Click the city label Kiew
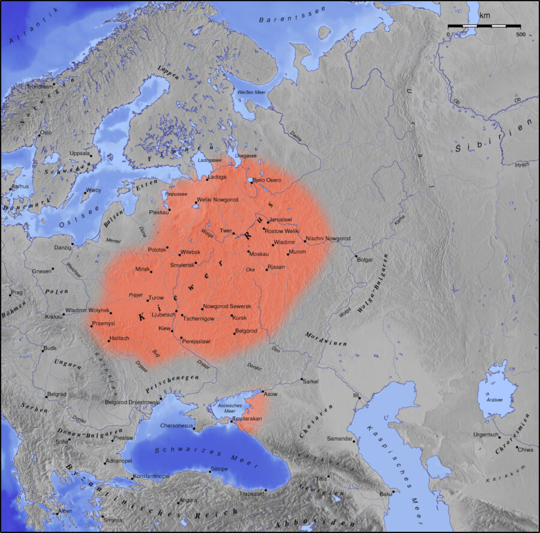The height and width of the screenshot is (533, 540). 164,328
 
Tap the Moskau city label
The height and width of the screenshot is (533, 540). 259,253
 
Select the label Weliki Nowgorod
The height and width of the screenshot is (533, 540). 218,199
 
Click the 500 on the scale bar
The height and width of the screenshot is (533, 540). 520,34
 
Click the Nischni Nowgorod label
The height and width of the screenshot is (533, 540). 328,238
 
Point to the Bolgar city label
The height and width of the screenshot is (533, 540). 365,260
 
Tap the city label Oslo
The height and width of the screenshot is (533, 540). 46,133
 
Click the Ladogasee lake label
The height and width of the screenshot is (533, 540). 209,161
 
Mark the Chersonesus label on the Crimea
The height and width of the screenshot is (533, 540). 177,426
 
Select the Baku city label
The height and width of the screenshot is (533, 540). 385,494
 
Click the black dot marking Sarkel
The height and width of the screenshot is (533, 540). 301,379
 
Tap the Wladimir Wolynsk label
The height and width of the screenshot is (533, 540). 87,310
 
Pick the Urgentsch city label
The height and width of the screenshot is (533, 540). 485,434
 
